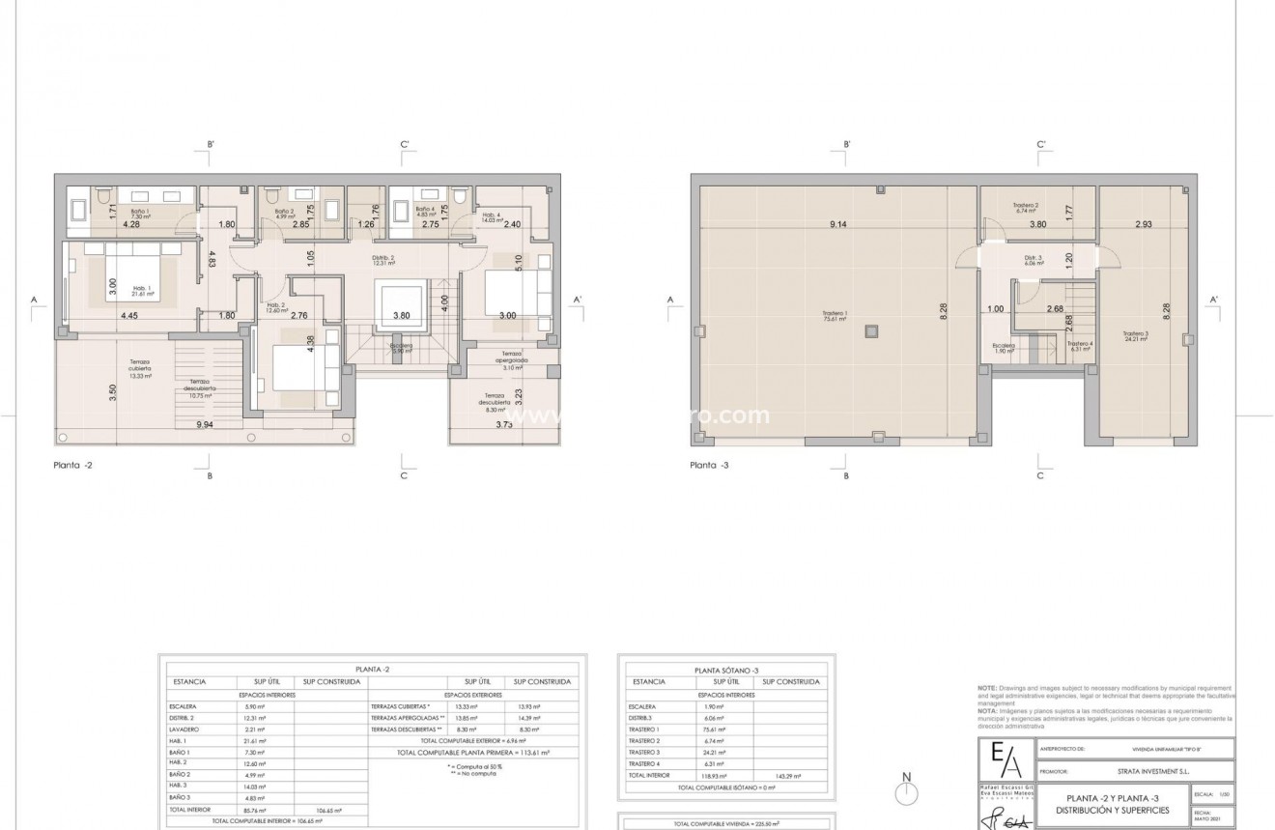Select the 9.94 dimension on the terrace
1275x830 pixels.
[205, 423]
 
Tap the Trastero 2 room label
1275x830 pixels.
[1025, 208]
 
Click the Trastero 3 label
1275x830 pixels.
[1136, 335]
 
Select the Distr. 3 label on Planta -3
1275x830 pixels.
[1034, 260]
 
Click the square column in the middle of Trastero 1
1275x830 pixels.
[871, 329]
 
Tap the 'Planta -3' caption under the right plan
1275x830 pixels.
[710, 465]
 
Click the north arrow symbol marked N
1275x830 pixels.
[905, 789]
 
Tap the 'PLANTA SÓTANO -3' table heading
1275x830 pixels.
[725, 670]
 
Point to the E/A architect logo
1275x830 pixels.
[1005, 758]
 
